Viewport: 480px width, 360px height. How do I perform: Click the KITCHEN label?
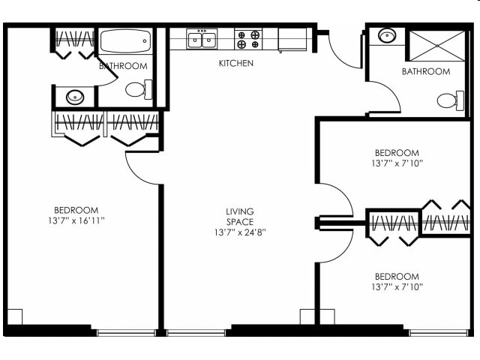click(235, 64)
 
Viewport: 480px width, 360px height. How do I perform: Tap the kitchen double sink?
click(202, 39)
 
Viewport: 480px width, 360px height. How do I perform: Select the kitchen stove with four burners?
click(248, 39)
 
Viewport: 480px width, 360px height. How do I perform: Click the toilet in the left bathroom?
click(138, 90)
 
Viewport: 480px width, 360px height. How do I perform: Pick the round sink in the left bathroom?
click(74, 96)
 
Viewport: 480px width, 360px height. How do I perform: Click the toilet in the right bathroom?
click(448, 100)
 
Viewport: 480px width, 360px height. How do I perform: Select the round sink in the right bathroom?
click(387, 37)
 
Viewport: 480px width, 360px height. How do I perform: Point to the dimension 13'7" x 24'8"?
click(240, 232)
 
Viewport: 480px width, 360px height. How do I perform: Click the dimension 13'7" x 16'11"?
click(76, 220)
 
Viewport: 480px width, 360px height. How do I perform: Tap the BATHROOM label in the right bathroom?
click(425, 72)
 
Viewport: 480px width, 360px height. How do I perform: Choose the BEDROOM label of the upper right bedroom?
click(395, 152)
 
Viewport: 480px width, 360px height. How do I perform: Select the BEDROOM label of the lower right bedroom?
click(395, 276)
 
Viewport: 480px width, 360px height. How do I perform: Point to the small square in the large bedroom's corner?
click(14, 317)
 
